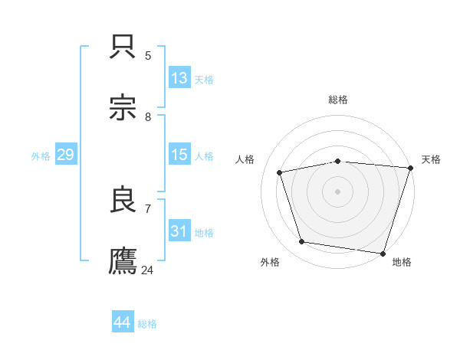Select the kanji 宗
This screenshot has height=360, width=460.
tap(123, 108)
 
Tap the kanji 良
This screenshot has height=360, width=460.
tap(123, 200)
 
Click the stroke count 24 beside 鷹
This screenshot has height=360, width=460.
tap(148, 270)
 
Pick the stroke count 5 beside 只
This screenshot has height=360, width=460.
tap(148, 55)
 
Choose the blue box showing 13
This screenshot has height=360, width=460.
tap(179, 78)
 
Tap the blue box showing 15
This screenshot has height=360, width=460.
tap(179, 155)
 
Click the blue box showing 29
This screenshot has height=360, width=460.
tap(66, 155)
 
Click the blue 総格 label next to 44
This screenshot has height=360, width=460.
tap(147, 324)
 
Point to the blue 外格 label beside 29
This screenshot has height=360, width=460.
tap(41, 156)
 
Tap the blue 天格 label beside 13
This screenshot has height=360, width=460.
tap(203, 80)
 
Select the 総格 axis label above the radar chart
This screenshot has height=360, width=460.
tap(338, 100)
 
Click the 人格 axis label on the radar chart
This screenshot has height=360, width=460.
tap(246, 159)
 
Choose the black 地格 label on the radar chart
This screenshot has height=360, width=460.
tap(402, 262)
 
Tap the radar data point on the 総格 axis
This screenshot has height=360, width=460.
tap(338, 161)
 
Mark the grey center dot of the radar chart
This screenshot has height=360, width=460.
tap(338, 191)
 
